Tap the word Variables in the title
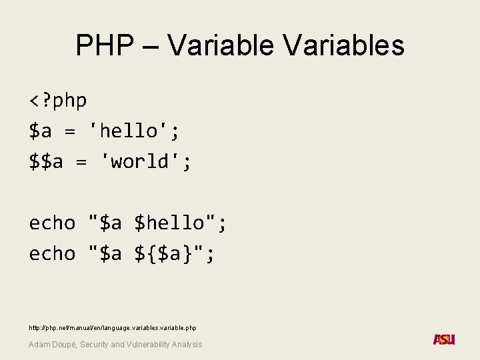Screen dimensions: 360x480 (x=343, y=45)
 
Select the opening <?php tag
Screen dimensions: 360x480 (x=58, y=101)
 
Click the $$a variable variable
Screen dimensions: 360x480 (x=46, y=161)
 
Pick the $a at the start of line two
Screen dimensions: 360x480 (x=40, y=131)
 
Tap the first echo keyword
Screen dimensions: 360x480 (x=52, y=223)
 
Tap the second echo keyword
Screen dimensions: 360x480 (x=52, y=253)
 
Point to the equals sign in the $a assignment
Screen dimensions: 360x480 (x=69, y=132)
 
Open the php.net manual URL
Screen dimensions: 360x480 (x=112, y=327)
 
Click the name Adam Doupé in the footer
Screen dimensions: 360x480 (x=53, y=344)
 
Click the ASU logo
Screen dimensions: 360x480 (x=444, y=340)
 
